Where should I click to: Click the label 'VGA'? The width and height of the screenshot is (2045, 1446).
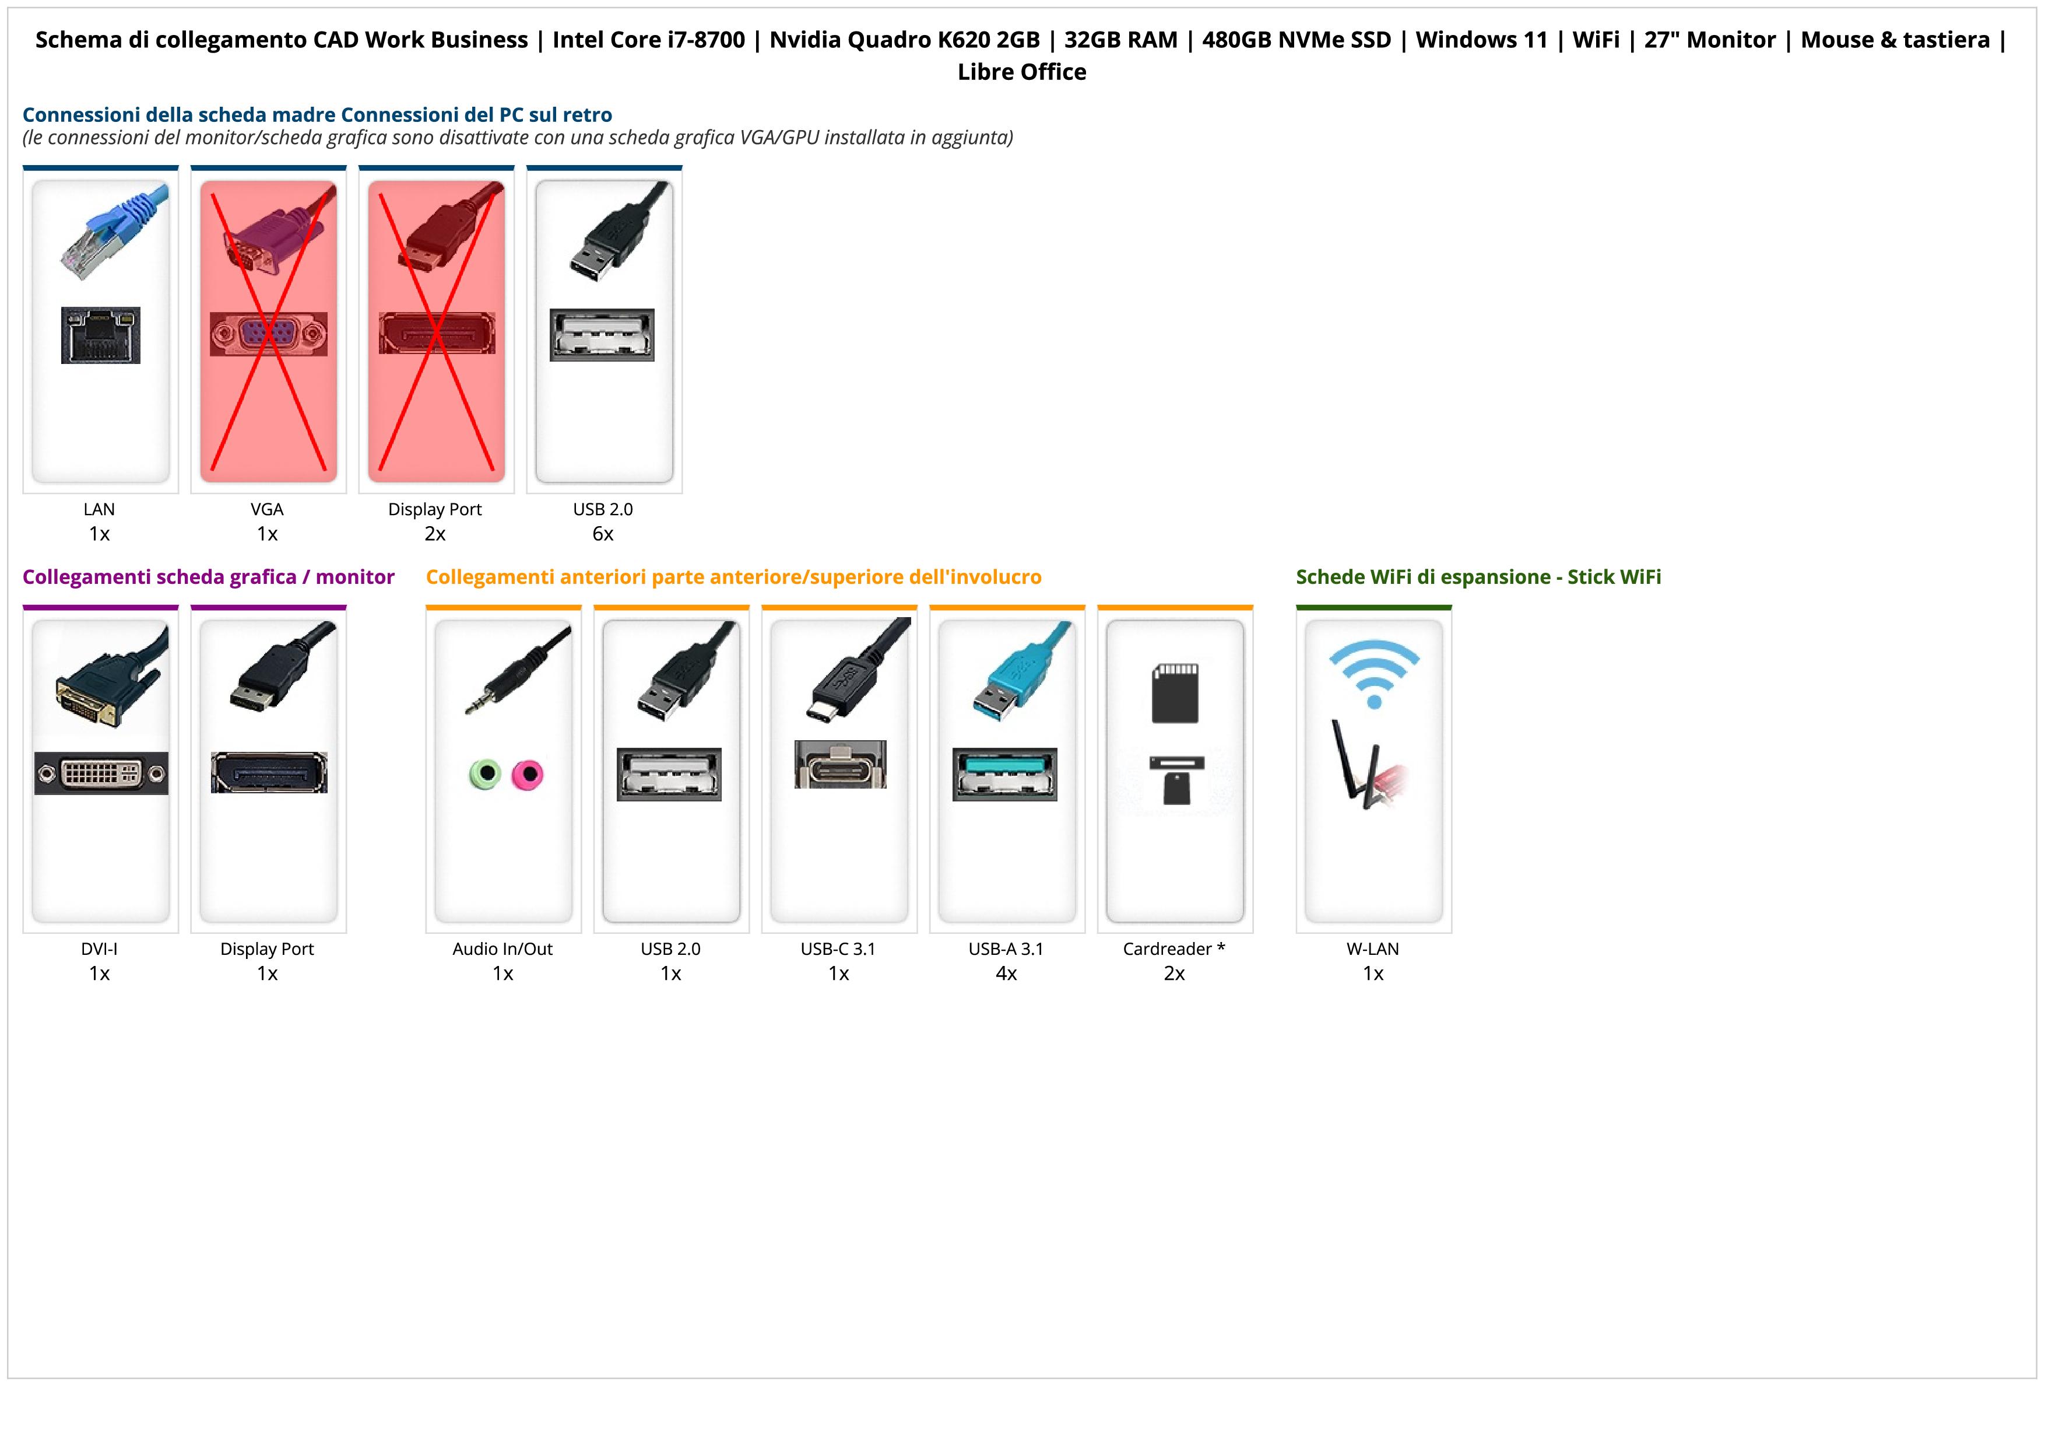click(267, 510)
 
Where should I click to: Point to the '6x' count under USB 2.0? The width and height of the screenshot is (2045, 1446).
click(603, 534)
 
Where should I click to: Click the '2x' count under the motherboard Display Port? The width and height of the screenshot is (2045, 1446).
click(435, 534)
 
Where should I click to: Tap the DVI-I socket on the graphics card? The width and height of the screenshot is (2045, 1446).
click(101, 773)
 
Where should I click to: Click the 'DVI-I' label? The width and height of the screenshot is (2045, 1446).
click(99, 949)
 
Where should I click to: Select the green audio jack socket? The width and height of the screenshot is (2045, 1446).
click(484, 773)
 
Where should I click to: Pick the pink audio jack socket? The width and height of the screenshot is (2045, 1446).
click(528, 774)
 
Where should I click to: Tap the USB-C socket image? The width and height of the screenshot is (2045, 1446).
click(840, 765)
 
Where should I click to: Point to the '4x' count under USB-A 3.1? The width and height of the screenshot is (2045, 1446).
click(1006, 973)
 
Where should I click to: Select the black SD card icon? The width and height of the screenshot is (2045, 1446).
click(1175, 692)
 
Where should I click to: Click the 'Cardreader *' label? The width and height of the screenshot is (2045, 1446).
click(1174, 949)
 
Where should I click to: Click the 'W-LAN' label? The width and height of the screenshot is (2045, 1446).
click(1372, 949)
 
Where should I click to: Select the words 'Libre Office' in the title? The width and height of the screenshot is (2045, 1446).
click(1021, 72)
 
